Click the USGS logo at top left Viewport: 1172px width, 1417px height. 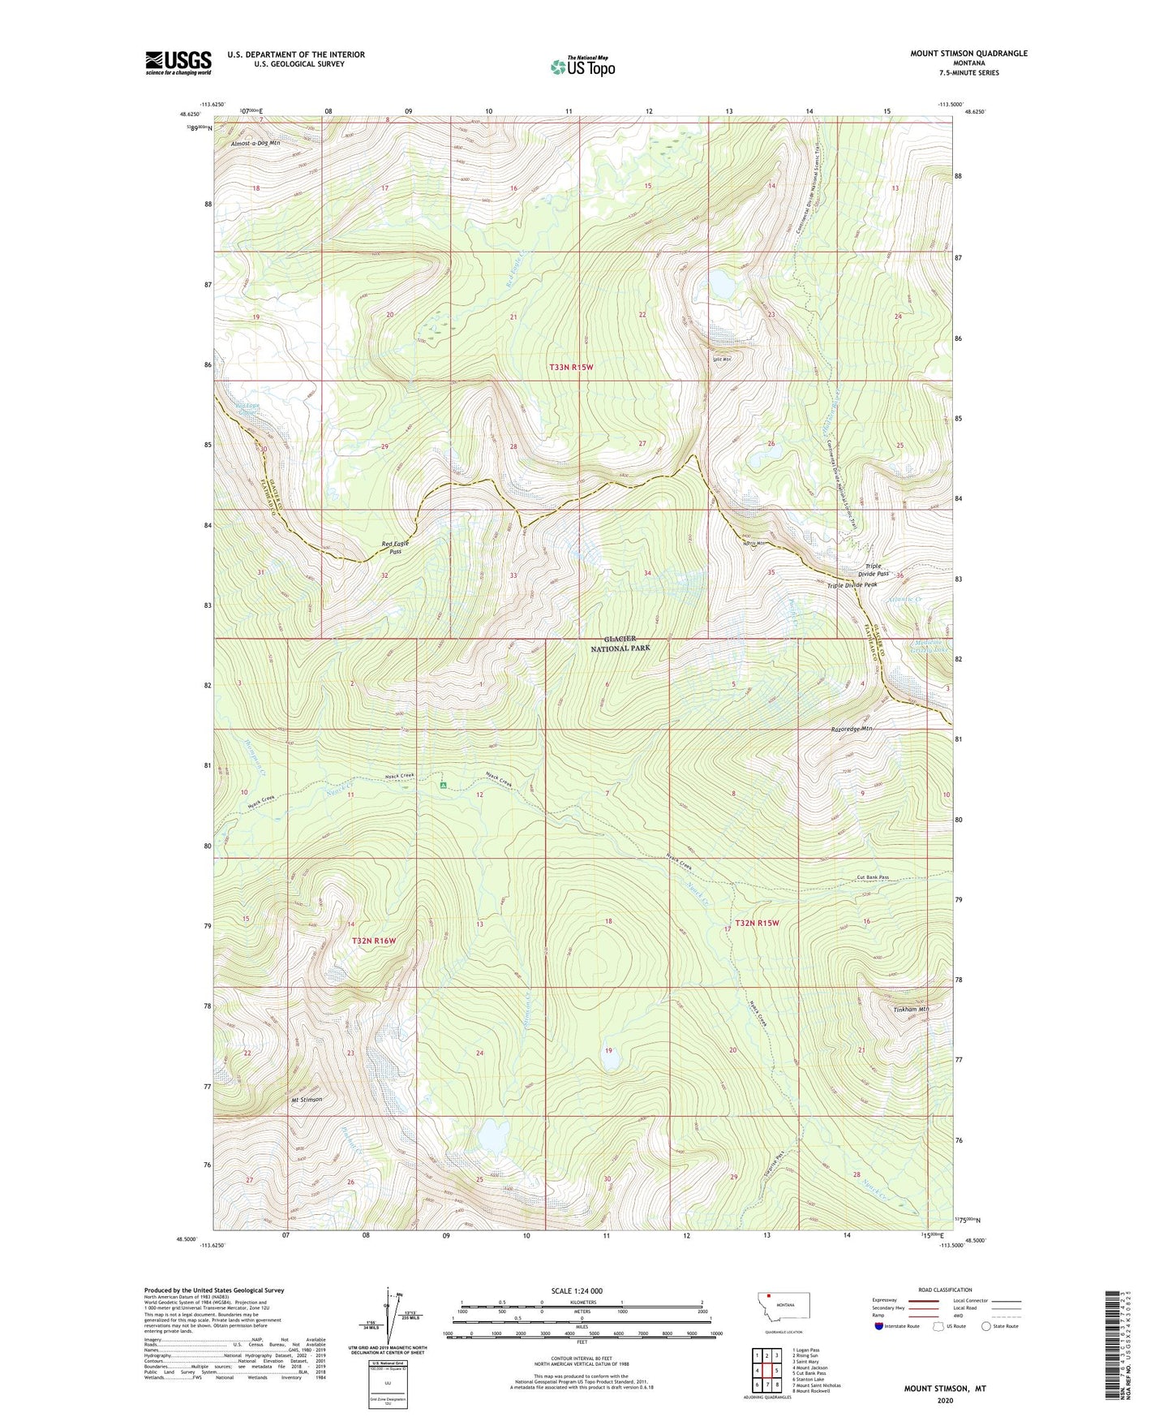(178, 62)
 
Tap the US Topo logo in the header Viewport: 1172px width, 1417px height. (582, 67)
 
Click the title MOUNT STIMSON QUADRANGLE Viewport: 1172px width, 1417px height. (968, 54)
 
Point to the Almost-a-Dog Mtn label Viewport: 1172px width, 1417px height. (255, 144)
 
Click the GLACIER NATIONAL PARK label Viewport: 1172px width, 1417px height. (620, 644)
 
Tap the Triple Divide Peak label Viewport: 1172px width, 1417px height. (852, 585)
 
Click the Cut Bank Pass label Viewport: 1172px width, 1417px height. (873, 877)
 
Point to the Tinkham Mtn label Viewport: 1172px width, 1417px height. (910, 1010)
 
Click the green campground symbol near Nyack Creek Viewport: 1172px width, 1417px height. (443, 785)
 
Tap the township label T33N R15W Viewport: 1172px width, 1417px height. (571, 368)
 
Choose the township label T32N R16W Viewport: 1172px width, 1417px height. (374, 941)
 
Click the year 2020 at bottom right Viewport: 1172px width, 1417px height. (945, 1400)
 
